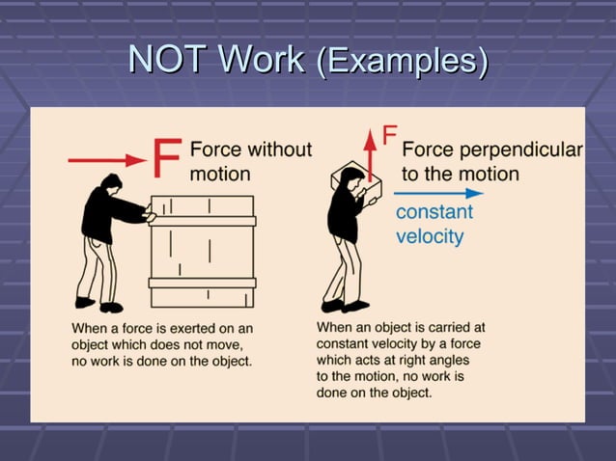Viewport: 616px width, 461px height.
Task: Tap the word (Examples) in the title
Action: pos(402,61)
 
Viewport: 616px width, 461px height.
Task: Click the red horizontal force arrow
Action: pos(106,159)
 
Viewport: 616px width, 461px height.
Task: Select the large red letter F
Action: pos(166,158)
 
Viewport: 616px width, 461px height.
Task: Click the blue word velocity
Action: pos(430,236)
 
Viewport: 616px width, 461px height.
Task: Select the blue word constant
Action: pos(434,212)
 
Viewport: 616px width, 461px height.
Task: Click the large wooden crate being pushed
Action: pos(202,251)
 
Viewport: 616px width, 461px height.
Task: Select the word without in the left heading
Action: pos(279,149)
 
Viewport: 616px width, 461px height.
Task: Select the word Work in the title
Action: pos(261,60)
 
